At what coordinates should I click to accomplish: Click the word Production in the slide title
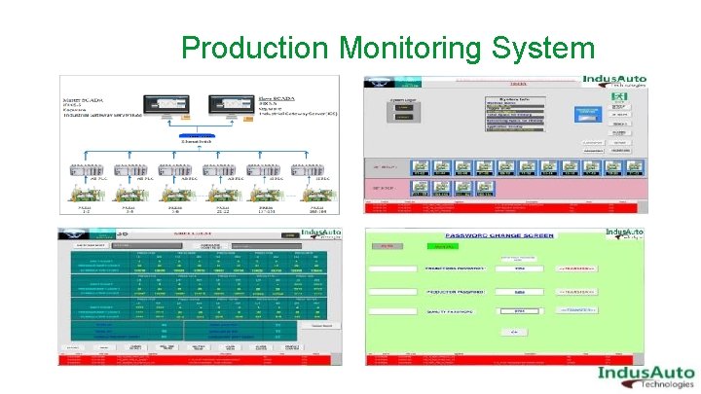point(254,48)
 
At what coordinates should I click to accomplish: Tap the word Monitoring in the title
point(413,48)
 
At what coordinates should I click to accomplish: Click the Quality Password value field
point(519,311)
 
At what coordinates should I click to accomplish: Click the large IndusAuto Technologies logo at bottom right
point(645,376)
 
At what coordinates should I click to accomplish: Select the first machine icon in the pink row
point(422,190)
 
